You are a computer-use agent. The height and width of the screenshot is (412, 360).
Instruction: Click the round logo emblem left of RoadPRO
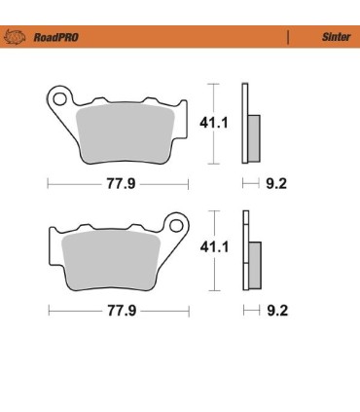[17, 39]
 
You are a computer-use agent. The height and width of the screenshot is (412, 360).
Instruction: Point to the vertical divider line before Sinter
[289, 39]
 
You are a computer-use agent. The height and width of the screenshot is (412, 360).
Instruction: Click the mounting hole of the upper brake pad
[59, 98]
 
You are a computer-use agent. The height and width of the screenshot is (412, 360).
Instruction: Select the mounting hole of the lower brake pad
[176, 222]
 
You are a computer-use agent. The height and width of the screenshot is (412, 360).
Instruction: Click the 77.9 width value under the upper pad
[119, 182]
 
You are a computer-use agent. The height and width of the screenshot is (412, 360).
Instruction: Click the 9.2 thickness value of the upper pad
[277, 182]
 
